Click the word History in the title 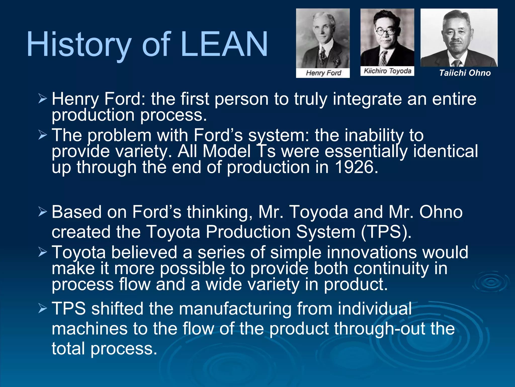[79, 45]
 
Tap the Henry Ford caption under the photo [323, 73]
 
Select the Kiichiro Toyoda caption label [387, 71]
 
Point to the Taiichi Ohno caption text [465, 73]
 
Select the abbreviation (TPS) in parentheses [386, 232]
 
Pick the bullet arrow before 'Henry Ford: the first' [43, 99]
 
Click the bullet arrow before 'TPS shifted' [43, 308]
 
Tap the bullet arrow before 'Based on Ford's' [43, 212]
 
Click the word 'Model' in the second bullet [226, 151]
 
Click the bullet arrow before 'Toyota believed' [43, 252]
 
